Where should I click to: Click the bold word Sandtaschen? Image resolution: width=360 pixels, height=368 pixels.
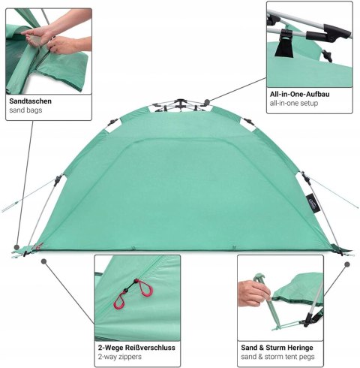click(x=30, y=101)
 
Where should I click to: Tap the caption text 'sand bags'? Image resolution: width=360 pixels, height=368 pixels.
click(x=25, y=110)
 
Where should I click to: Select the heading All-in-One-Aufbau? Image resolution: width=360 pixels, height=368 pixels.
click(x=299, y=94)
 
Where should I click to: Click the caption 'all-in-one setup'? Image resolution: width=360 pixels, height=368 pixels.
click(x=294, y=103)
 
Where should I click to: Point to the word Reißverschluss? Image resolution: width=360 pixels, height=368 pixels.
click(x=150, y=348)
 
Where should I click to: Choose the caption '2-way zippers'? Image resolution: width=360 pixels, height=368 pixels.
click(x=120, y=357)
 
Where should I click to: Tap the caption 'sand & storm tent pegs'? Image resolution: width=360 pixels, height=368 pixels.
click(x=277, y=357)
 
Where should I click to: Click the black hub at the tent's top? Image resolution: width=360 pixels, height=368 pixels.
click(x=180, y=102)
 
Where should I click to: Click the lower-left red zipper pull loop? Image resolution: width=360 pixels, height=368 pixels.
click(x=119, y=300)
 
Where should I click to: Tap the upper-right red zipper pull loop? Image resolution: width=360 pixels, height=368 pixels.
click(x=145, y=288)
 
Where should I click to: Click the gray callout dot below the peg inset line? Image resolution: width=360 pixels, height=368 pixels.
click(x=347, y=264)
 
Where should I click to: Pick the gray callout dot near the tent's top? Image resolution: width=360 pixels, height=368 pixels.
click(x=207, y=102)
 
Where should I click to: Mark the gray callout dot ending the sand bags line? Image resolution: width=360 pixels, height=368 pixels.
click(x=16, y=247)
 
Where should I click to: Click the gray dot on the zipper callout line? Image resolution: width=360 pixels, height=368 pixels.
click(x=44, y=261)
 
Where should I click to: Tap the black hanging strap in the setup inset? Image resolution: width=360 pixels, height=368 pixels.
click(x=284, y=45)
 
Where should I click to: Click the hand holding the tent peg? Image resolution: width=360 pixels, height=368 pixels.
click(x=253, y=294)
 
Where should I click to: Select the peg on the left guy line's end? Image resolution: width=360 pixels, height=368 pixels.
click(x=10, y=207)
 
